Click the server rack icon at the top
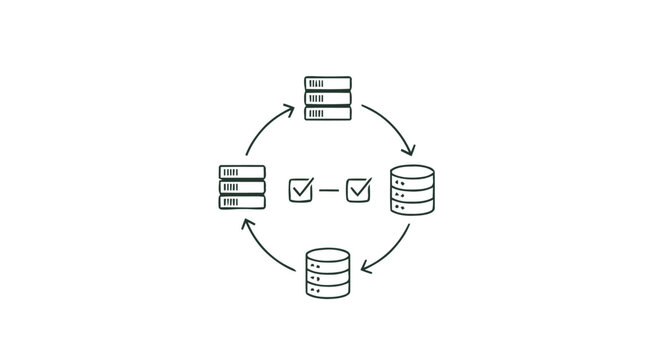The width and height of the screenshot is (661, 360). (x=328, y=98)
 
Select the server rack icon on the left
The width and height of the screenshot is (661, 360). (x=242, y=187)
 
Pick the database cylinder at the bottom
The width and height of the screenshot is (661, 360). (x=328, y=273)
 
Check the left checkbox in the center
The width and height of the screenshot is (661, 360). (x=300, y=188)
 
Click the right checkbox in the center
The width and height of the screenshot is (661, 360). (x=358, y=188)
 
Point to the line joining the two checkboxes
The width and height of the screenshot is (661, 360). (x=329, y=189)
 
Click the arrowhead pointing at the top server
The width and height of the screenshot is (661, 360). (x=289, y=107)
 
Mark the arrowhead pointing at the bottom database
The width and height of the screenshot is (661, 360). (x=366, y=268)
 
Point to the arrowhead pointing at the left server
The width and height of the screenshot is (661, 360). (x=244, y=221)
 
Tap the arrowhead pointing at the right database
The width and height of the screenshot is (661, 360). (x=409, y=152)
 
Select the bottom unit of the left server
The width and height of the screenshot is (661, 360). (x=242, y=202)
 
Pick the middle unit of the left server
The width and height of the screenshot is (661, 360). (x=242, y=187)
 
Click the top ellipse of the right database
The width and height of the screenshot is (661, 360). (x=412, y=171)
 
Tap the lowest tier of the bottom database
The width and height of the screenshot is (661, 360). (x=328, y=290)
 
